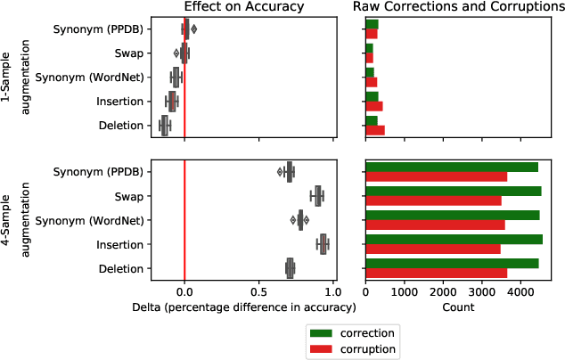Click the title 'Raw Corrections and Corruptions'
(x=454, y=7)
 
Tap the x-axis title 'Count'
(x=454, y=307)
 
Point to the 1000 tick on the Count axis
(x=405, y=290)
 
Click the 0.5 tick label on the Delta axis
(x=258, y=290)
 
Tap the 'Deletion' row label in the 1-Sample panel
(x=120, y=126)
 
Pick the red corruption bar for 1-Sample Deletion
(x=375, y=130)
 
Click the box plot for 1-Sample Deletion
(x=164, y=126)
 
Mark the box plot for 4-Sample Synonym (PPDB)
(x=289, y=171)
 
